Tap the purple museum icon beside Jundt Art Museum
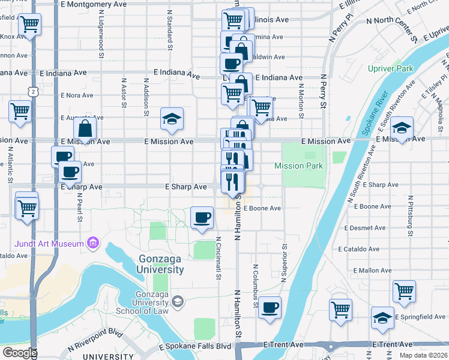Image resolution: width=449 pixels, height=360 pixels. click(x=92, y=244)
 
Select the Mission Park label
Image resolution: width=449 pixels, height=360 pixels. click(x=298, y=166)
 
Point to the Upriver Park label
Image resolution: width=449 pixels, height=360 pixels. click(x=391, y=68)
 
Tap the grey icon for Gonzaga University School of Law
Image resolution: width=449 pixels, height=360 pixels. click(x=177, y=301)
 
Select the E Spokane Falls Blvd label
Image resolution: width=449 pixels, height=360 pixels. click(x=194, y=347)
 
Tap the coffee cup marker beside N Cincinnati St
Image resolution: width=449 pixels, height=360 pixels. click(x=202, y=218)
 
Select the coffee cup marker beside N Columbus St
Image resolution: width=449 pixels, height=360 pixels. click(x=270, y=308)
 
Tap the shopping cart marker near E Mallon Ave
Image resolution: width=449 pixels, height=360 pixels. click(x=405, y=292)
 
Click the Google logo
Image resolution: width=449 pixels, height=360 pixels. click(x=19, y=353)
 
